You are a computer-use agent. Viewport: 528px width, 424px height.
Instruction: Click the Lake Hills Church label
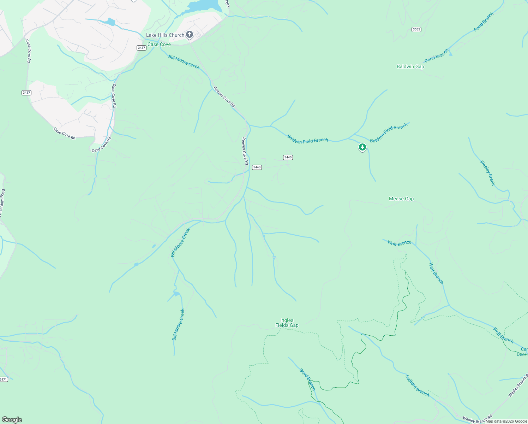click(165, 35)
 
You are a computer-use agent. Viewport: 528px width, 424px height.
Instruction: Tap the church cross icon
click(190, 34)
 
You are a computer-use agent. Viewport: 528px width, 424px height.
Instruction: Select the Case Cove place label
click(159, 44)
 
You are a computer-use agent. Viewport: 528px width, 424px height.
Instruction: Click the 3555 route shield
click(416, 29)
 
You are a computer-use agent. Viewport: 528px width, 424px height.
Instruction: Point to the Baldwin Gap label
click(410, 66)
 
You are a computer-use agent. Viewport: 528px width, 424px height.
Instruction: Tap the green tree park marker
click(362, 147)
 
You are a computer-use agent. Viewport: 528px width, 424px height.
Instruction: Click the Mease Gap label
click(401, 199)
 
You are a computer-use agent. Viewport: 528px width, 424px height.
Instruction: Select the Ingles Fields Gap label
click(287, 323)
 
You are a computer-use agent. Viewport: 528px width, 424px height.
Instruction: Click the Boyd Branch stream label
click(307, 379)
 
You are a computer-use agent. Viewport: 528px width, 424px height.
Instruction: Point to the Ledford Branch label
click(417, 385)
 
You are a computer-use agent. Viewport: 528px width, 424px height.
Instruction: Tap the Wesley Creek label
click(487, 173)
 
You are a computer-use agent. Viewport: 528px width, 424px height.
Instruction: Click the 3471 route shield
click(3, 379)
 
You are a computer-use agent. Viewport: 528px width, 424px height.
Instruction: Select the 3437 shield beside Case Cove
click(142, 48)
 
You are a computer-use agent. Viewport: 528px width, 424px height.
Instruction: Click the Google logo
click(12, 420)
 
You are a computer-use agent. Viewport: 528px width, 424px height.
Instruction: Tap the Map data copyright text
click(506, 421)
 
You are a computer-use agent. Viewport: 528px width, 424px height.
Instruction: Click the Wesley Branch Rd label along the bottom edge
click(477, 420)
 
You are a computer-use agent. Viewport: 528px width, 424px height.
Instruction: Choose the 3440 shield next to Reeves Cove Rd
click(257, 167)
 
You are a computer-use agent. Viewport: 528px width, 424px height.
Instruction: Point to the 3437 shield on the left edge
click(26, 93)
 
